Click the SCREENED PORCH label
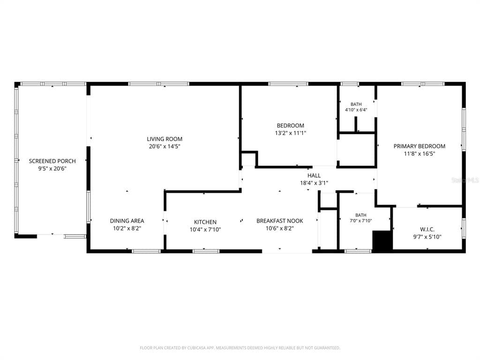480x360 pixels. pos(52,161)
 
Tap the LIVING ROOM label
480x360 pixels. pos(165,139)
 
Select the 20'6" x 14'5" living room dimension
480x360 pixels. pos(165,146)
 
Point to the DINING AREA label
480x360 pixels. pos(127,221)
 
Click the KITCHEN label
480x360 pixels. pos(205,222)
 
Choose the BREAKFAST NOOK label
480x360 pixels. pos(280,221)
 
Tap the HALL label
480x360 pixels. pos(314,175)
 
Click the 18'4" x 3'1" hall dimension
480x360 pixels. pos(314,183)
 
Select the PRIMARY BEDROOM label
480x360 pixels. pos(420,146)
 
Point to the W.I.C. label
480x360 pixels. pos(427,229)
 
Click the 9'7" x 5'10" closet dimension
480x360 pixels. pos(427,237)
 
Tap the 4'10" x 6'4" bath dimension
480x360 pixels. pos(356,110)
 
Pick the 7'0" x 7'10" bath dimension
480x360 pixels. pos(361,220)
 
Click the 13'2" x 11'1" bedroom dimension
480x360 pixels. pos(291,133)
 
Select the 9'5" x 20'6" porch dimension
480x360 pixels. pos(52,168)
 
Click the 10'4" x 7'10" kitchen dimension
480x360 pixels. pos(205,230)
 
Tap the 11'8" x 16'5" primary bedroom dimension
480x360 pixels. pos(420,154)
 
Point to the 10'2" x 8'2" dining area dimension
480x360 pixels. pos(127,228)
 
